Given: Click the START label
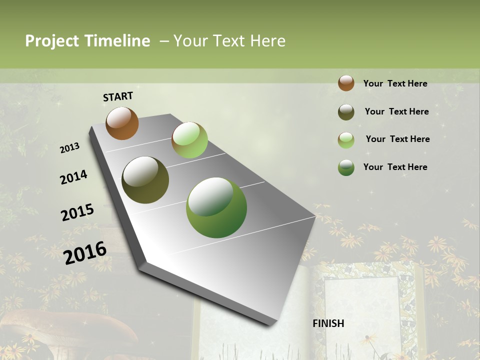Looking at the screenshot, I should coord(118,96).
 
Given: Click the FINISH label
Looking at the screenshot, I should coord(328,323).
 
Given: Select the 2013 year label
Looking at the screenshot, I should coord(70,148).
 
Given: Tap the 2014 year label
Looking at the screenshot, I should coord(73,177).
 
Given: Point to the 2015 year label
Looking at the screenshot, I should coord(77,212).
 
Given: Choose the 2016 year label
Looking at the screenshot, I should coord(85,252).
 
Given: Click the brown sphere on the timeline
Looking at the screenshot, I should coord(122,123).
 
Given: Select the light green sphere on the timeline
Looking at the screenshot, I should coord(189,140).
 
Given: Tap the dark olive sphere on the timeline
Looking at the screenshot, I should coord(145,180).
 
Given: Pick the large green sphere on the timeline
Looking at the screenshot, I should coord(216,207).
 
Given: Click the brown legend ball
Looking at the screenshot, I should coord(346,83).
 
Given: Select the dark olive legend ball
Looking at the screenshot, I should coord(346,112).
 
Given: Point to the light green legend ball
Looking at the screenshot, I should coord(346,140).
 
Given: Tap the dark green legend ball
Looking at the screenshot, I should coord(346,167).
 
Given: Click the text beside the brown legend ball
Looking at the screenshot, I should coord(395,83).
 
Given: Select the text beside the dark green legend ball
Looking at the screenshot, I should coord(395,167).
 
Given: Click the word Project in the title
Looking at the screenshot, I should coord(52,41).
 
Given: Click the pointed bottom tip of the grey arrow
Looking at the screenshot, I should coord(270,324).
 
